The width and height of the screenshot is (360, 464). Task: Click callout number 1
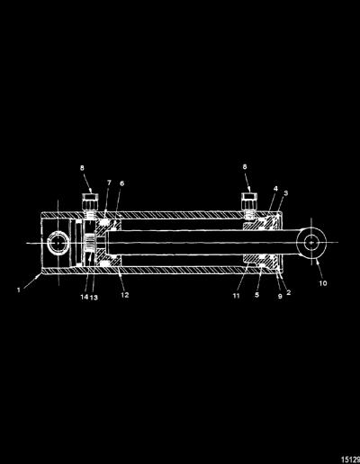pyautogui.click(x=19, y=290)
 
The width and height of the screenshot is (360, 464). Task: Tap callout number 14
pyautogui.click(x=85, y=297)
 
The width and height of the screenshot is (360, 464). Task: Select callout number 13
pyautogui.click(x=94, y=298)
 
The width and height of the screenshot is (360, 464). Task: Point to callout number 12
pyautogui.click(x=125, y=295)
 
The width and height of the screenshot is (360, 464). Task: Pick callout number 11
pyautogui.click(x=237, y=296)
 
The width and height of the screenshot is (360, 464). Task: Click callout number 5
pyautogui.click(x=256, y=295)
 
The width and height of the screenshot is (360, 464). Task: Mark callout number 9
pyautogui.click(x=280, y=296)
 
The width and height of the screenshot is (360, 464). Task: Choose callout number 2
pyautogui.click(x=289, y=292)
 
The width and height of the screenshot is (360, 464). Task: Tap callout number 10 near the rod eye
pyautogui.click(x=323, y=283)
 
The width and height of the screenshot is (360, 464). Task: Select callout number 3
pyautogui.click(x=286, y=193)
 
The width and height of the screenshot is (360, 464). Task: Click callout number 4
pyautogui.click(x=275, y=189)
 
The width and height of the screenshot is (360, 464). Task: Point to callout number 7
pyautogui.click(x=109, y=183)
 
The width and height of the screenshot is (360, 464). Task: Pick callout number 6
pyautogui.click(x=121, y=183)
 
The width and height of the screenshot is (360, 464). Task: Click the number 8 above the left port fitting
pyautogui.click(x=82, y=168)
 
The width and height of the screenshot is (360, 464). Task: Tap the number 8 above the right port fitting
pyautogui.click(x=245, y=166)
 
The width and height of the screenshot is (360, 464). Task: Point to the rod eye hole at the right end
pyautogui.click(x=311, y=242)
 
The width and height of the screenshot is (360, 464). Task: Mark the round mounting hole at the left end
pyautogui.click(x=58, y=243)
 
